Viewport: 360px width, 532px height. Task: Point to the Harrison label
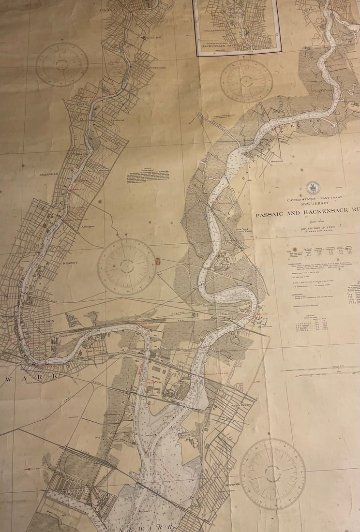click(44, 321)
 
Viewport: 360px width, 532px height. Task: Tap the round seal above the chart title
click(313, 188)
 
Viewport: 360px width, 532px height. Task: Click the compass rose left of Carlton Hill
click(62, 64)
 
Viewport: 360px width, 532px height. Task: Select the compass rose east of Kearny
click(127, 266)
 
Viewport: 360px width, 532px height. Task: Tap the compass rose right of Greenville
click(273, 473)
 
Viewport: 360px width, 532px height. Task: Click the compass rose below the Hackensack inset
click(246, 80)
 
